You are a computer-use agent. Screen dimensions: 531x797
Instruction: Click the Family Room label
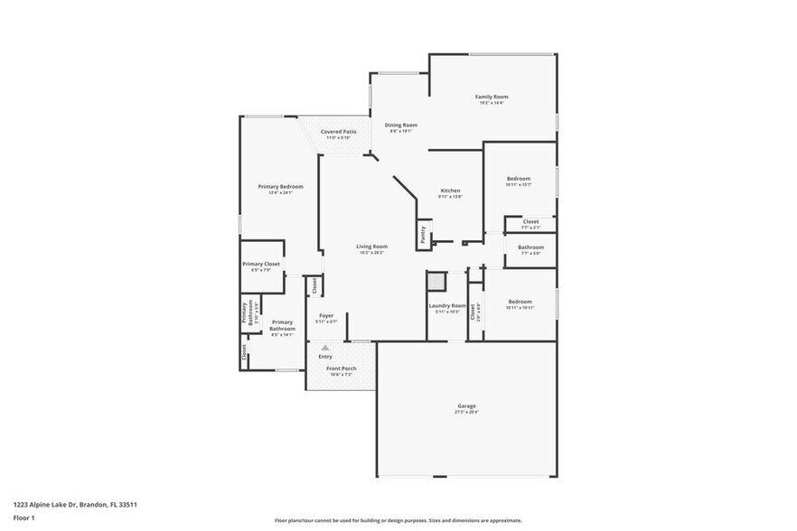(492, 97)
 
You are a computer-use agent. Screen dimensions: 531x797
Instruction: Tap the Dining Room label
(400, 125)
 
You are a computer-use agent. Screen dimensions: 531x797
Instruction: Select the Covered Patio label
(338, 132)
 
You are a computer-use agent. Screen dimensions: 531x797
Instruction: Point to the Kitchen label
(450, 191)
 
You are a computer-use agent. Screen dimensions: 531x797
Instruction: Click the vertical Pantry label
(422, 234)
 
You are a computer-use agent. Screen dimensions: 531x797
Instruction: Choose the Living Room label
(370, 247)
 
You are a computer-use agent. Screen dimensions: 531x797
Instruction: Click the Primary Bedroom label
(280, 187)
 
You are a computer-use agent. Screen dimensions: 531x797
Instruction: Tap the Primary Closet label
(260, 264)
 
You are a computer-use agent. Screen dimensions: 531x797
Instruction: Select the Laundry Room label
(447, 305)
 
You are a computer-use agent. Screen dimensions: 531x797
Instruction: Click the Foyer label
(326, 315)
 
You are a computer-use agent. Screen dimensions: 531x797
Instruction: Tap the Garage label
(466, 406)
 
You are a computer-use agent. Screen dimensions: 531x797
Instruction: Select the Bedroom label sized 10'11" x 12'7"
(519, 179)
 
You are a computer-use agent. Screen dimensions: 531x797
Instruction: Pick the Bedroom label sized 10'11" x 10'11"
(520, 302)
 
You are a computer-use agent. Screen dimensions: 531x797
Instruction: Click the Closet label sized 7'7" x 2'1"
(530, 221)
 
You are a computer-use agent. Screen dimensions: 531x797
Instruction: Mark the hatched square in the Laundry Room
(436, 282)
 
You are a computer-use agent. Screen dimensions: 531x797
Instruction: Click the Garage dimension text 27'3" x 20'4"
(466, 413)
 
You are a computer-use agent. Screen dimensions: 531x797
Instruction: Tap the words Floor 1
(24, 517)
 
